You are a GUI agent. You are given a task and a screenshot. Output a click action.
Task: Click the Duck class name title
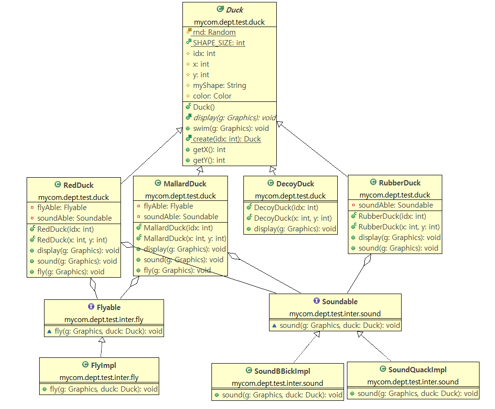235,10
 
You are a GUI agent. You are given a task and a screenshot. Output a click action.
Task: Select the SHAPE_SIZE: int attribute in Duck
219,43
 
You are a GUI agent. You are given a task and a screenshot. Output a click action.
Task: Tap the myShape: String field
219,85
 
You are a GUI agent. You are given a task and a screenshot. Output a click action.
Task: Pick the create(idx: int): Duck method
227,139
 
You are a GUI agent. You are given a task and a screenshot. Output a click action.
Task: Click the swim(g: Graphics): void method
231,128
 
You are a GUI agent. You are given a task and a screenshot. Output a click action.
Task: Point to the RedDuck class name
78,185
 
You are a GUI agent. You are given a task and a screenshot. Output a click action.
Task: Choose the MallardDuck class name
185,183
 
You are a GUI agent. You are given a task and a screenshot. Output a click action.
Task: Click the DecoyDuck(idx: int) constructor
286,208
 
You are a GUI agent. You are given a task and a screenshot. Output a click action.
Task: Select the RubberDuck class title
400,183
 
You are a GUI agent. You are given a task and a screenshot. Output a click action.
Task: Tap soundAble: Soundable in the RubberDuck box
395,205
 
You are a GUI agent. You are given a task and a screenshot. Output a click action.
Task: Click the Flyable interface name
108,307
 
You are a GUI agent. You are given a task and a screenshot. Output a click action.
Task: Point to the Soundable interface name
340,301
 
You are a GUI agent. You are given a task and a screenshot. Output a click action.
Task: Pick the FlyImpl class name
104,365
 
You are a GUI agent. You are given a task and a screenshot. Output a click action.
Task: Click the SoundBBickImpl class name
282,371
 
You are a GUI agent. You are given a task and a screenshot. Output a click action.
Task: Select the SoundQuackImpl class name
418,369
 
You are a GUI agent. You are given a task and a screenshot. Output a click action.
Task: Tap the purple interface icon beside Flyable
91,307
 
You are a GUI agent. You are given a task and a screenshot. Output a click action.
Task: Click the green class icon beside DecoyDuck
270,183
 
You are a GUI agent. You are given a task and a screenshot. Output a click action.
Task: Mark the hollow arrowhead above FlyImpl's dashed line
102,340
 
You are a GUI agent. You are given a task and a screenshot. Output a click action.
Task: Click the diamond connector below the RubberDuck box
367,260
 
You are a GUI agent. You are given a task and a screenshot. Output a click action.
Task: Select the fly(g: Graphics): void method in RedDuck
71,271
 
